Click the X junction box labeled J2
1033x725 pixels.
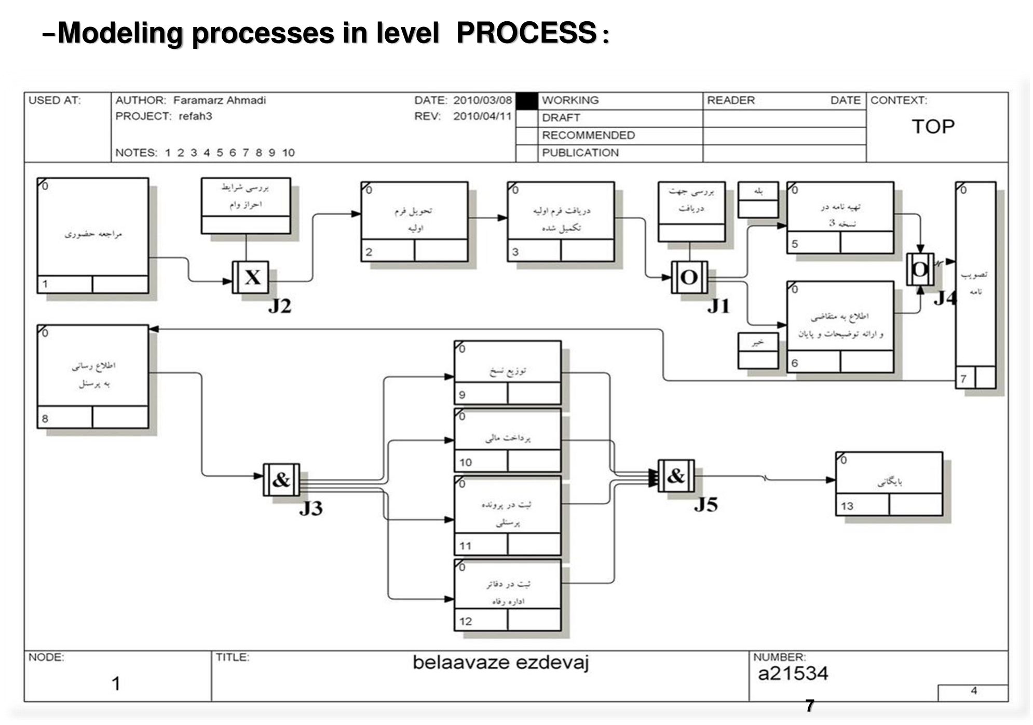coord(250,277)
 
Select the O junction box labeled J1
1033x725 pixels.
coord(689,277)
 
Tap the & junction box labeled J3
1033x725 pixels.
coord(281,479)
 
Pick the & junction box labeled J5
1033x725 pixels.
coord(676,476)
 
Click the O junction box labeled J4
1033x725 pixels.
coord(920,269)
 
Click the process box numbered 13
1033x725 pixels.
coord(889,484)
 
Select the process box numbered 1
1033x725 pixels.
coord(93,235)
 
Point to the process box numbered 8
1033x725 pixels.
coord(93,376)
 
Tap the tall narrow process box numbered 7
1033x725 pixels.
coord(975,285)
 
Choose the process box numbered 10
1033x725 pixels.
coord(507,440)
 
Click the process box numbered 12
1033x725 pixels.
coord(507,595)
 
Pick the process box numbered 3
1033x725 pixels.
coord(561,221)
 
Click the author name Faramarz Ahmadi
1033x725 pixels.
coord(219,100)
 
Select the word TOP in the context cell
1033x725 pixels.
coord(933,127)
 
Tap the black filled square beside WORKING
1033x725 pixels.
coord(527,101)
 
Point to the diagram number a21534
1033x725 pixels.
coord(793,674)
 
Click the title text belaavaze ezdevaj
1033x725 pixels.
coord(500,663)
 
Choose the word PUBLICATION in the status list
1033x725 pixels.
coord(580,153)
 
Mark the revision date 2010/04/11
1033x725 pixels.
coord(482,116)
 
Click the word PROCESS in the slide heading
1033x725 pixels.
coord(526,33)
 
